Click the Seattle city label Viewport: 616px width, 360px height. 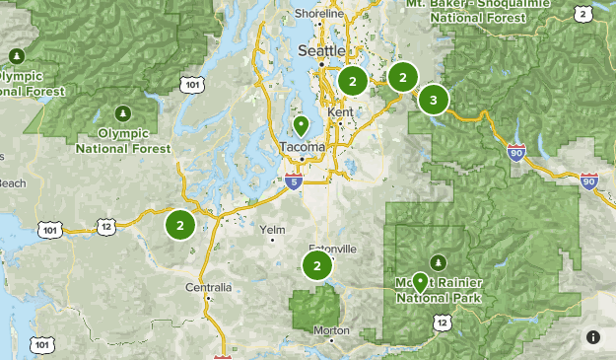point(321,50)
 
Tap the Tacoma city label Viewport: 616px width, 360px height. point(302,147)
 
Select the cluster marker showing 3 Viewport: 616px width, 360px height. point(433,100)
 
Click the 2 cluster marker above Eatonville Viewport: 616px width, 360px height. point(316,265)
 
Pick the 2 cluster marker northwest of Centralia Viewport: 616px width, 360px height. point(179,225)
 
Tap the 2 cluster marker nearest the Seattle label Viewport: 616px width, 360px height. point(352,80)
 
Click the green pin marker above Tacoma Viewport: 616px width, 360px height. point(301,126)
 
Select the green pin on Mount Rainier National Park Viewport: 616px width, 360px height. point(420,282)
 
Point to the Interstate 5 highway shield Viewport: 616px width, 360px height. point(293,181)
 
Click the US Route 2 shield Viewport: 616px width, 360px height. point(583,13)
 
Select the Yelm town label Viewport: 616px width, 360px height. point(272,230)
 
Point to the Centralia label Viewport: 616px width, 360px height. point(208,288)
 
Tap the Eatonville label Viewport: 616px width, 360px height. point(332,249)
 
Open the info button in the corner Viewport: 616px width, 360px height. point(592,337)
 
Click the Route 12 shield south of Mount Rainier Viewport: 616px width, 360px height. point(444,323)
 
